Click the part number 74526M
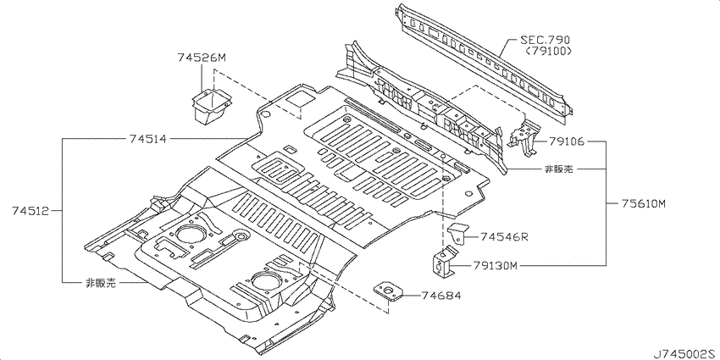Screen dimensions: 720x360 pyautogui.click(x=202, y=58)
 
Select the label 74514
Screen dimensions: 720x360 pyautogui.click(x=147, y=139)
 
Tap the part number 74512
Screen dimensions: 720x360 pyautogui.click(x=30, y=211)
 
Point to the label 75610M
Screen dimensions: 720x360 pyautogui.click(x=643, y=203)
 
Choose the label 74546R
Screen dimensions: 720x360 pyautogui.click(x=504, y=237)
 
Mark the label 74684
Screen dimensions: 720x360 pyautogui.click(x=441, y=296)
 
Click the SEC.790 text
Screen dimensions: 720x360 pyautogui.click(x=545, y=40)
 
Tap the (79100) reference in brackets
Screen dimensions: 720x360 pyautogui.click(x=546, y=51)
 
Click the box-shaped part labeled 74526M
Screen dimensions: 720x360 pyautogui.click(x=211, y=107)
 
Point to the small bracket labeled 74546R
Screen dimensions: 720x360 pyautogui.click(x=457, y=234)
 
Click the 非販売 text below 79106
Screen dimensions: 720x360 pyautogui.click(x=559, y=169)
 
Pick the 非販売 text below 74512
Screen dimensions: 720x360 pyautogui.click(x=101, y=283)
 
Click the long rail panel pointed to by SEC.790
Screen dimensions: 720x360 pyautogui.click(x=485, y=64)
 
